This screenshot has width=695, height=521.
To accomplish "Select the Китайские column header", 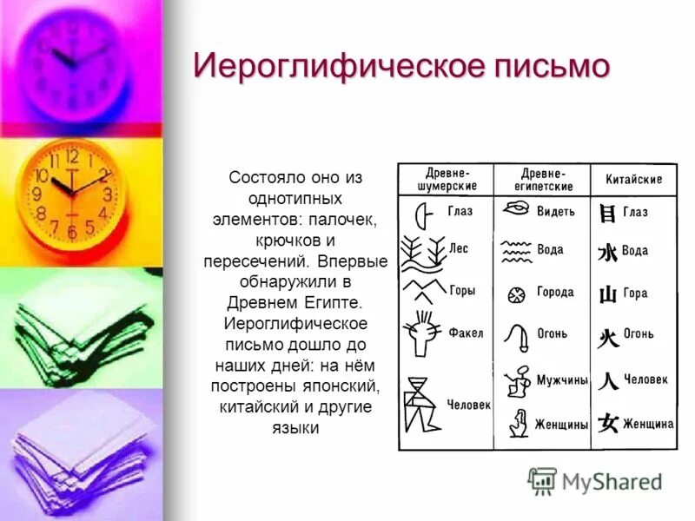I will [633, 180].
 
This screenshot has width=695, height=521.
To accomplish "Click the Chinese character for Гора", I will [608, 294].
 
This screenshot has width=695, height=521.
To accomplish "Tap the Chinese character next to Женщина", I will [608, 424].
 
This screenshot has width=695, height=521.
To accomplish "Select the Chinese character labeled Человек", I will [608, 380].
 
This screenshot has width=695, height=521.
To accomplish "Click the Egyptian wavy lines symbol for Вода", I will [517, 251].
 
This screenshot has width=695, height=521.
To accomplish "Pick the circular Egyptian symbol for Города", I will [516, 293].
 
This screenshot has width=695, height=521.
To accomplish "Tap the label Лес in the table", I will [458, 248].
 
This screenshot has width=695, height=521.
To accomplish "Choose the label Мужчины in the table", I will [562, 380].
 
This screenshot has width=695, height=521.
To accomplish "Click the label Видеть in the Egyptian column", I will [556, 211].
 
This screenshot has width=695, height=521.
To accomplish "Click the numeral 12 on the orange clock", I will [72, 157].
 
